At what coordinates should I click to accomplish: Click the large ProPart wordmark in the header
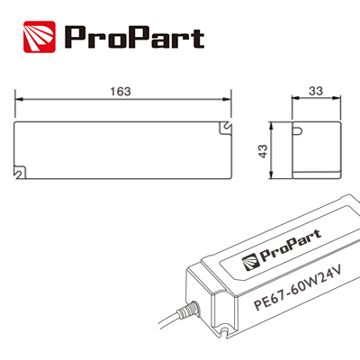[132, 37]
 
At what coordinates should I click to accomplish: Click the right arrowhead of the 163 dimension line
[229, 99]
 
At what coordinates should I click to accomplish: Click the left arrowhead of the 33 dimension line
[292, 99]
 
